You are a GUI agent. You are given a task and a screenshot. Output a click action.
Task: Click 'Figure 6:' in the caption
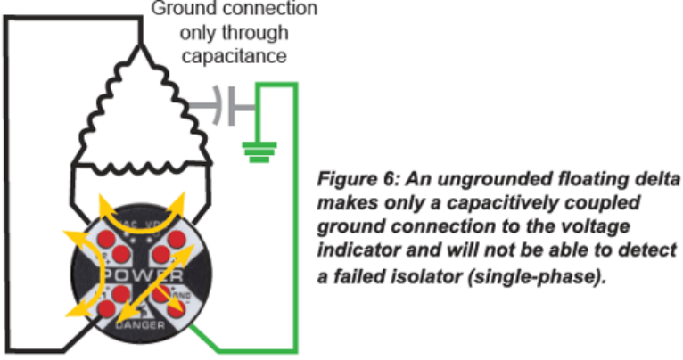[358, 175]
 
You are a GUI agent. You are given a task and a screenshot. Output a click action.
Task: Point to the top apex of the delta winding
[140, 44]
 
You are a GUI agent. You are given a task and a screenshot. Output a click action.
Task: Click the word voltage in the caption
[609, 226]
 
